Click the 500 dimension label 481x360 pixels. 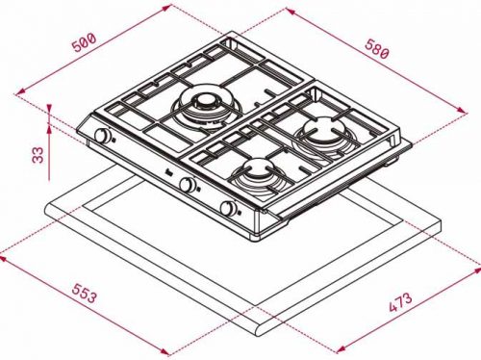point(85,41)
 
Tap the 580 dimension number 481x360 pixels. point(377,49)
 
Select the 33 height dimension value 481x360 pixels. point(38,155)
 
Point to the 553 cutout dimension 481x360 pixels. point(84,293)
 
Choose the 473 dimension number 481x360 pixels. point(400,302)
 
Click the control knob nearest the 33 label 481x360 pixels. point(103,136)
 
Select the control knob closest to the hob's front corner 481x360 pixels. point(228,208)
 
